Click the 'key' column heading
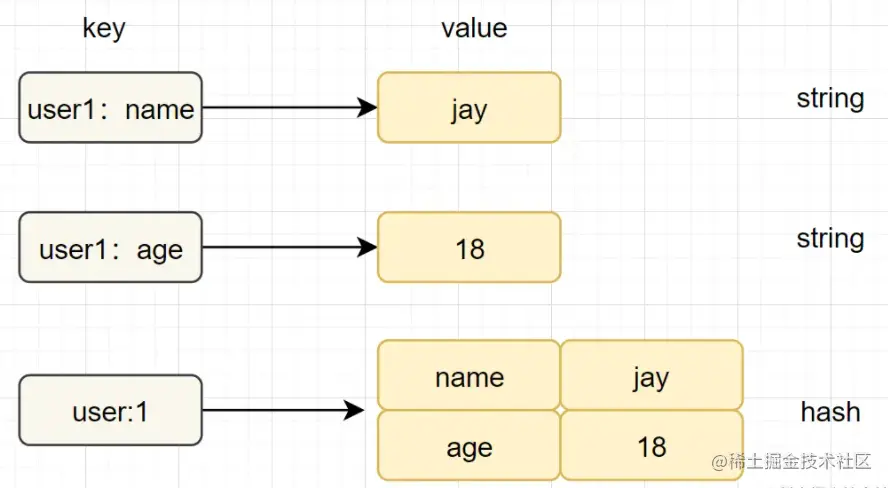coord(104,28)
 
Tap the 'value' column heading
coord(474,28)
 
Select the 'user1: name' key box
coord(110,108)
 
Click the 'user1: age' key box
coord(110,248)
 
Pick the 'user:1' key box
coord(110,410)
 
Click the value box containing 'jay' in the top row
coord(469,108)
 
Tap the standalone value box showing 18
coord(469,248)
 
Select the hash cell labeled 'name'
coord(469,377)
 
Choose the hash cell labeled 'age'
coord(469,446)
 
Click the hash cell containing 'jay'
coord(651,377)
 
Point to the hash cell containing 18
coord(651,446)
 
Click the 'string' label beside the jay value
coord(830,99)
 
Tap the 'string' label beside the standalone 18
coord(830,239)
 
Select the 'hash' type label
coord(830,411)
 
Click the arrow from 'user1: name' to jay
coord(285,108)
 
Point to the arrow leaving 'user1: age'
coord(285,248)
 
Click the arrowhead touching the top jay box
coord(367,108)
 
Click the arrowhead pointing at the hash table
coord(352,410)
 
